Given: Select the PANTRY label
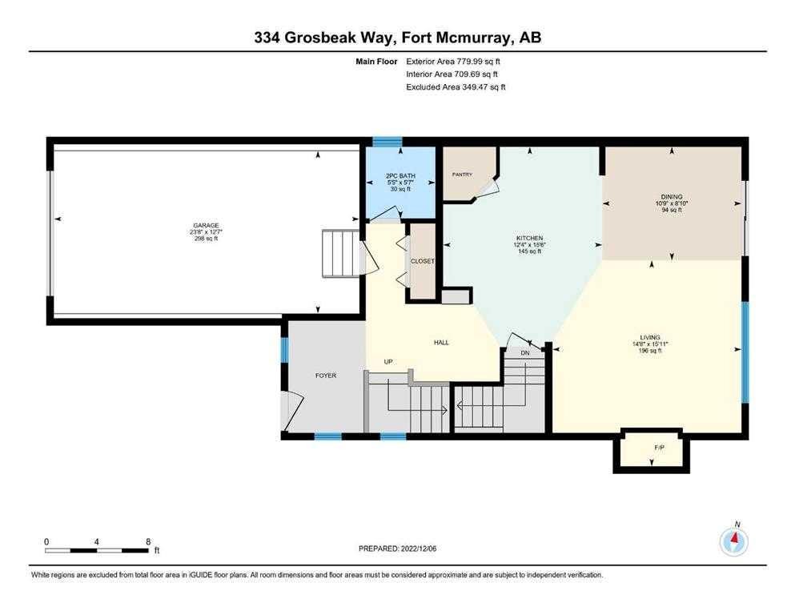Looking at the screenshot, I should [x=463, y=175].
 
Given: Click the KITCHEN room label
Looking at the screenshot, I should [x=529, y=238].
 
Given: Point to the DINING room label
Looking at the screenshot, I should [x=672, y=196].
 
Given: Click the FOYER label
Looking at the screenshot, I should [x=326, y=375].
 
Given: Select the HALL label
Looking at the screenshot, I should [x=440, y=343].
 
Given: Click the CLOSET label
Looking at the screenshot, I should [x=422, y=261].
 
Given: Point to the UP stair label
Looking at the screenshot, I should [x=388, y=362].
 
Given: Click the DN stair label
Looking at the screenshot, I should [x=525, y=353].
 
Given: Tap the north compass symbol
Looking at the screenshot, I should [x=733, y=541].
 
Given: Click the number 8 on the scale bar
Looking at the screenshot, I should [x=148, y=541].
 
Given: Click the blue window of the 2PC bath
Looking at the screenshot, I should [x=387, y=143].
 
